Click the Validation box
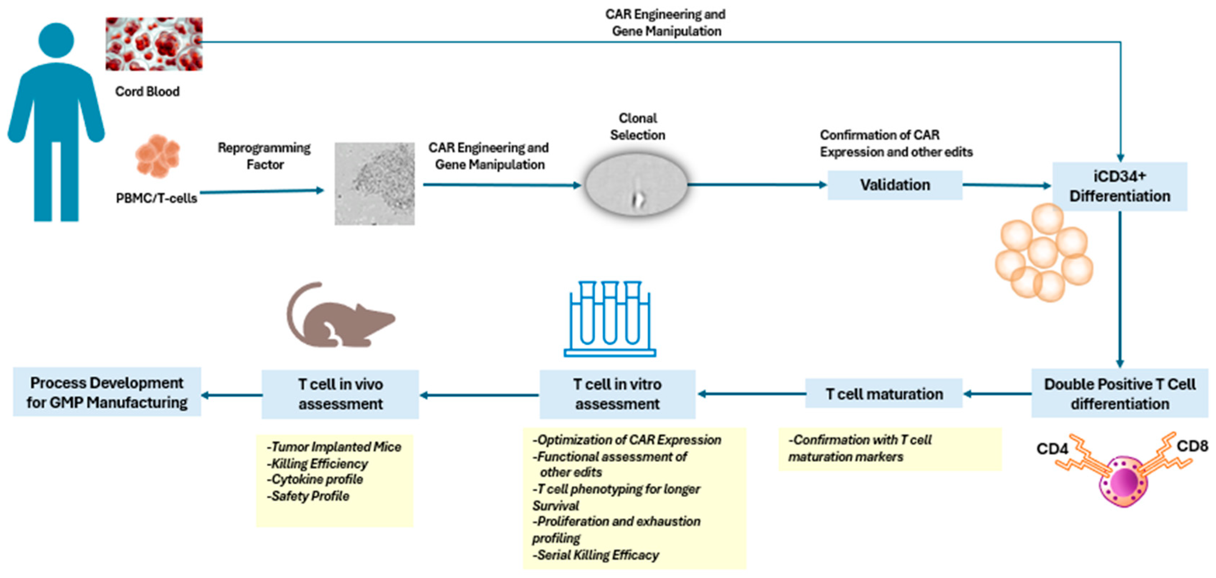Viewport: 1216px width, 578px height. click(895, 185)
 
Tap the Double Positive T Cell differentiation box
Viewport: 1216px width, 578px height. click(1119, 394)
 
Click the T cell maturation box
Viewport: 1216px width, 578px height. click(884, 394)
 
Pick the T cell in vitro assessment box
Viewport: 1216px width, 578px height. click(617, 394)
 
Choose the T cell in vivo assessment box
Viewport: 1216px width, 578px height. click(340, 394)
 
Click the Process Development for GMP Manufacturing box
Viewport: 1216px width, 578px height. click(107, 392)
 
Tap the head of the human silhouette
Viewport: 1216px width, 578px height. click(56, 41)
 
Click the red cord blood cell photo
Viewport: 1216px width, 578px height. click(154, 44)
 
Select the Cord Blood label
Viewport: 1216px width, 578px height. click(147, 91)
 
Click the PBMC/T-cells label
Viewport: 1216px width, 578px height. click(156, 198)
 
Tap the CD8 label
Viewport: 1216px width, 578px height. click(1192, 446)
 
